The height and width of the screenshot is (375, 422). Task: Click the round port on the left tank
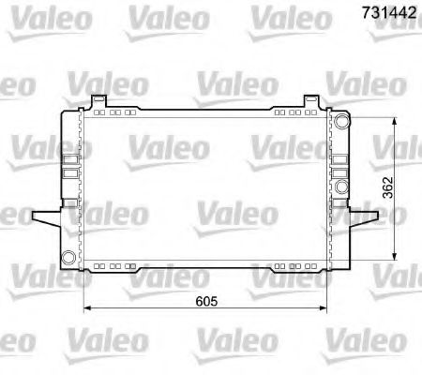click(x=68, y=258)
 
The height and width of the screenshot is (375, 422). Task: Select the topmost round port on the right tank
click(x=341, y=121)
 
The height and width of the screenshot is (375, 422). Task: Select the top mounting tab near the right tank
click(x=311, y=100)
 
